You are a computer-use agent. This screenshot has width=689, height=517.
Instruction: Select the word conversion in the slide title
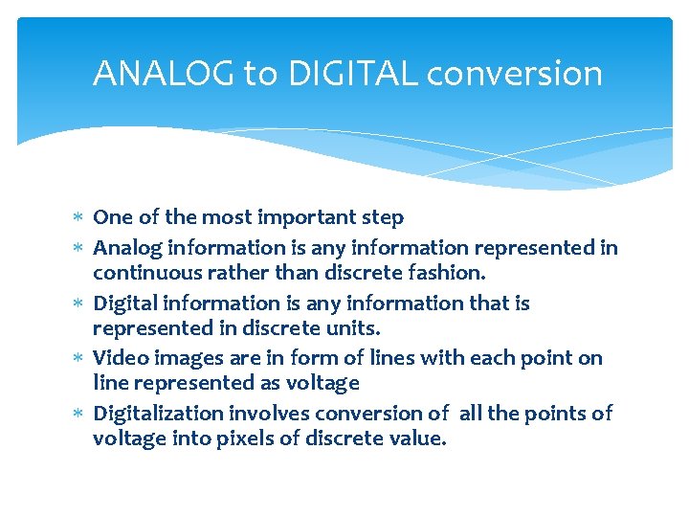coord(514,74)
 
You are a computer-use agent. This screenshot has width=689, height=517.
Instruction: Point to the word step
coord(382,217)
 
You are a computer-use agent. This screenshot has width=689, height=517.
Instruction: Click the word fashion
coord(449,273)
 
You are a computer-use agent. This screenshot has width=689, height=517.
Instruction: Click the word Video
coord(118,357)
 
